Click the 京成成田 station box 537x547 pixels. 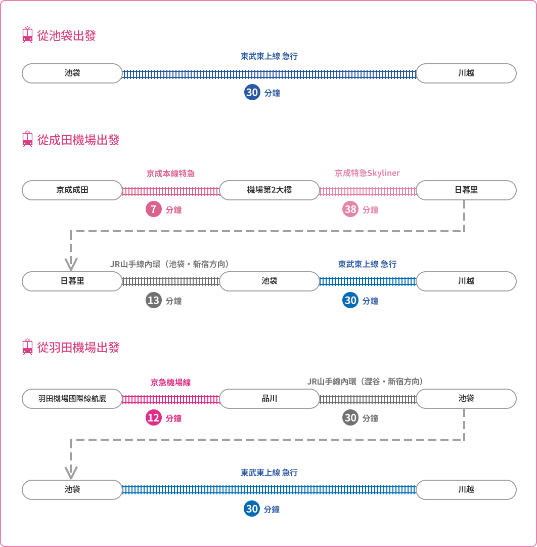(x=72, y=190)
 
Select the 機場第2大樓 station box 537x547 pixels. (x=270, y=190)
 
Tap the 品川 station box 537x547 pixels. (x=270, y=398)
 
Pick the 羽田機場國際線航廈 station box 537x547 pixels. (x=72, y=398)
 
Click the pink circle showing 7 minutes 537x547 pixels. (x=153, y=209)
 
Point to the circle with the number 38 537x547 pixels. (x=350, y=209)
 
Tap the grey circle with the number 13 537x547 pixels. (x=153, y=301)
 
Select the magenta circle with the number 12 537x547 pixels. (x=153, y=417)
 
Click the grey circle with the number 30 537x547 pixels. (x=350, y=417)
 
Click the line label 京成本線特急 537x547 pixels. (x=170, y=174)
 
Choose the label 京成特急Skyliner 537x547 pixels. (x=367, y=173)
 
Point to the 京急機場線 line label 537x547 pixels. (x=170, y=383)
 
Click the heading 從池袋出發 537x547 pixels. (x=66, y=35)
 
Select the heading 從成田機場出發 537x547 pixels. (x=78, y=140)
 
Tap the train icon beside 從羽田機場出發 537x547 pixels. (x=27, y=347)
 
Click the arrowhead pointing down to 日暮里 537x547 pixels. (x=71, y=264)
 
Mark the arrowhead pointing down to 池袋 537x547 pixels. (x=71, y=473)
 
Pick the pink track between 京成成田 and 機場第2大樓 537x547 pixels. (x=171, y=191)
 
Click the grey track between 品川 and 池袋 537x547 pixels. (x=368, y=399)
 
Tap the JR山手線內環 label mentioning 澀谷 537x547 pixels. (x=365, y=382)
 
